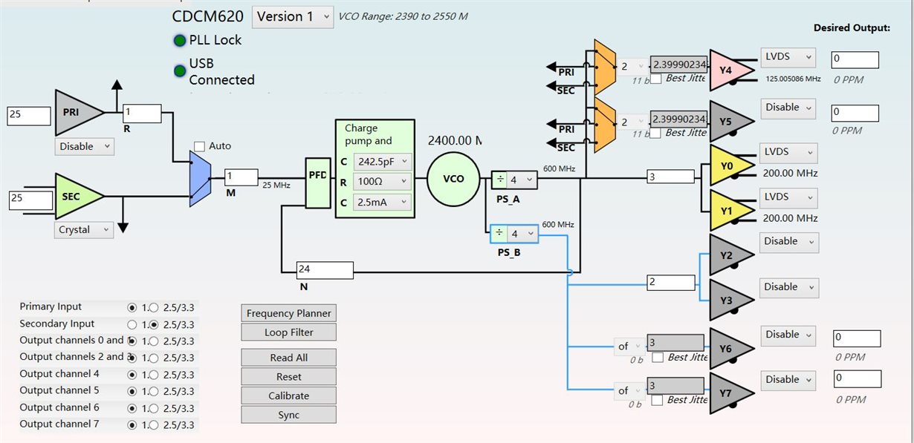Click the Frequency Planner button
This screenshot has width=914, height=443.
tap(288, 313)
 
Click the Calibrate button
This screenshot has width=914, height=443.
tap(288, 396)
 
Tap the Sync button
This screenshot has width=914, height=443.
tap(288, 415)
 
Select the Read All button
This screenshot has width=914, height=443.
tap(288, 358)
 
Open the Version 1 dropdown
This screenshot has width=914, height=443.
tap(293, 16)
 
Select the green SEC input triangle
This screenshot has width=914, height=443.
tap(77, 196)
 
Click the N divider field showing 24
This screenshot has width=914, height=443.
tap(324, 269)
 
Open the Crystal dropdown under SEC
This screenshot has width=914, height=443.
tap(84, 230)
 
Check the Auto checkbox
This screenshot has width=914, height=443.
tap(199, 146)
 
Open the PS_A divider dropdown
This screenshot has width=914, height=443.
tap(522, 180)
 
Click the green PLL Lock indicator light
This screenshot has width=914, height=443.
tap(180, 41)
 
